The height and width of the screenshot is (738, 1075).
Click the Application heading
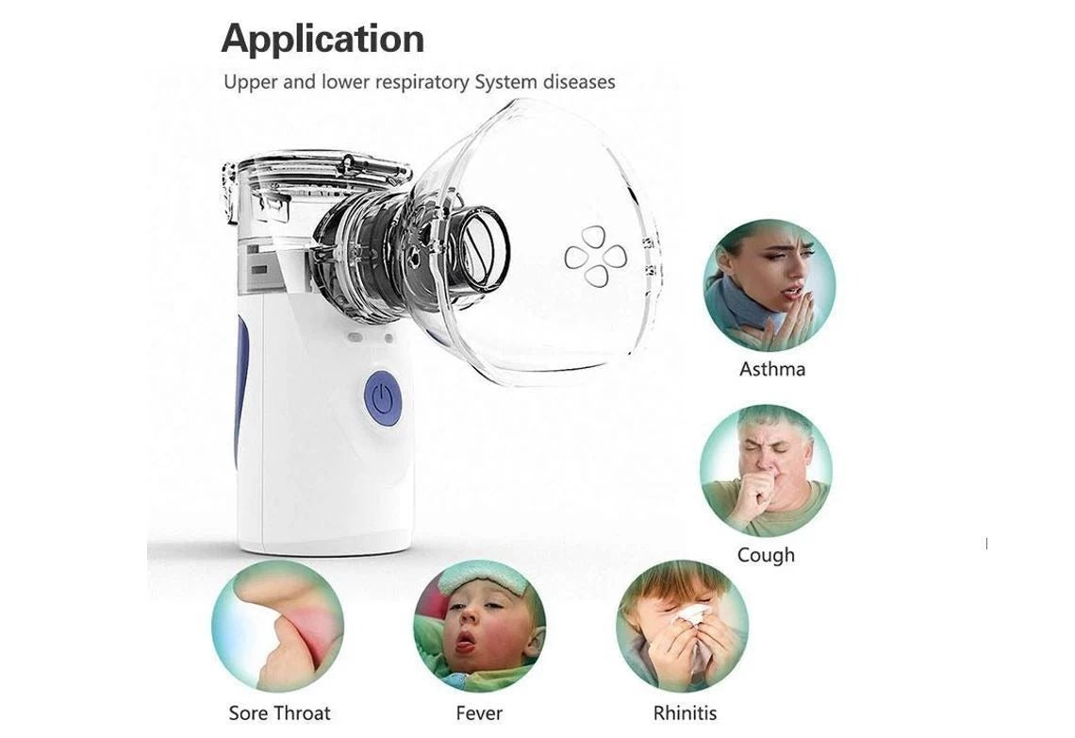(x=322, y=40)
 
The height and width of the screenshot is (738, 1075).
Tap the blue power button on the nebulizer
(x=383, y=398)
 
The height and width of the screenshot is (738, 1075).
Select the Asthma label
(x=772, y=369)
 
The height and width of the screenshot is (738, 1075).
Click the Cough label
(x=766, y=555)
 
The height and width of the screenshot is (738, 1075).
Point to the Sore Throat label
(x=279, y=713)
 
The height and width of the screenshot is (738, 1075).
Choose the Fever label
(x=479, y=713)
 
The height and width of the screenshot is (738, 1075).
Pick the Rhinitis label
(x=685, y=713)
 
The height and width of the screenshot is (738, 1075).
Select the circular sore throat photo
(x=277, y=627)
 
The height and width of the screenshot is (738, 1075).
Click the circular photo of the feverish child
(x=479, y=627)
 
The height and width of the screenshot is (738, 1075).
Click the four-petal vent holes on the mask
(x=595, y=256)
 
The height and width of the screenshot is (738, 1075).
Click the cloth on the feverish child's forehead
(x=481, y=577)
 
